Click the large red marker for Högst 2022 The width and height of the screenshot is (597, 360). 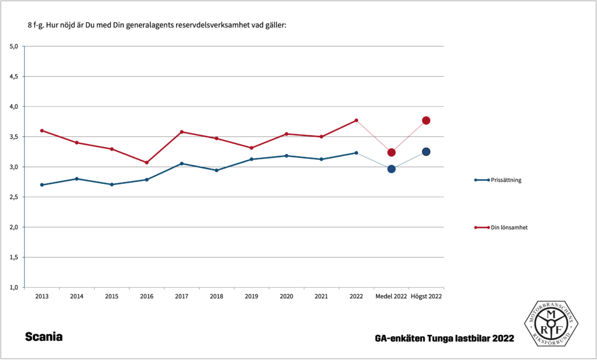click(426, 120)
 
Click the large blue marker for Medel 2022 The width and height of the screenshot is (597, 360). click(391, 169)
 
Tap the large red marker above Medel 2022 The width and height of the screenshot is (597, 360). click(391, 152)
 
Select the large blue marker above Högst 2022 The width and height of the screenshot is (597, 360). click(426, 152)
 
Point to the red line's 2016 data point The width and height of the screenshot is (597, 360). click(147, 162)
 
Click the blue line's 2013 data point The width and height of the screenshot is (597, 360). click(42, 184)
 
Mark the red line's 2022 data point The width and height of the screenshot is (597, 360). click(356, 120)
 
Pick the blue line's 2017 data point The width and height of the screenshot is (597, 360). click(182, 163)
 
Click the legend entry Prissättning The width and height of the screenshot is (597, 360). click(506, 180)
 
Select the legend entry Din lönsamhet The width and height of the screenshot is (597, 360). click(509, 227)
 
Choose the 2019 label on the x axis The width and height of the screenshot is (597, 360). click(251, 296)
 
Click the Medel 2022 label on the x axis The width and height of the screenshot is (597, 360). click(391, 296)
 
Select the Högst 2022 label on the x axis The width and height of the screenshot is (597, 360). click(426, 296)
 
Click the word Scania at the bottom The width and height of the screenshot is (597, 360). click(44, 337)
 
